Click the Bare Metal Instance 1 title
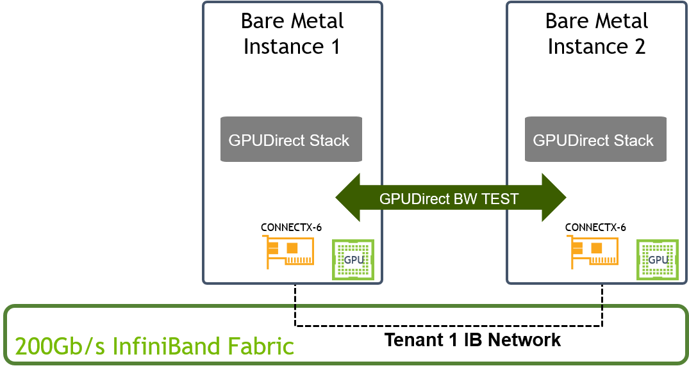point(292,33)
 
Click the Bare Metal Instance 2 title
point(597,33)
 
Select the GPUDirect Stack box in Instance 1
point(291,140)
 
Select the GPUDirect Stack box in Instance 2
point(595,140)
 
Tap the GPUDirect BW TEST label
point(449,199)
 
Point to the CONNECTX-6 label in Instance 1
point(291,227)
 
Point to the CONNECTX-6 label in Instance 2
point(595,227)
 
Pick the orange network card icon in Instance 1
point(288,252)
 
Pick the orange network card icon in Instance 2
point(592,252)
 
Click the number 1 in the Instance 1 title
point(334,47)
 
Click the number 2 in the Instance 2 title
point(638,47)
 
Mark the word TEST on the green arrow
point(499,199)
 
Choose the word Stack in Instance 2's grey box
point(632,140)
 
